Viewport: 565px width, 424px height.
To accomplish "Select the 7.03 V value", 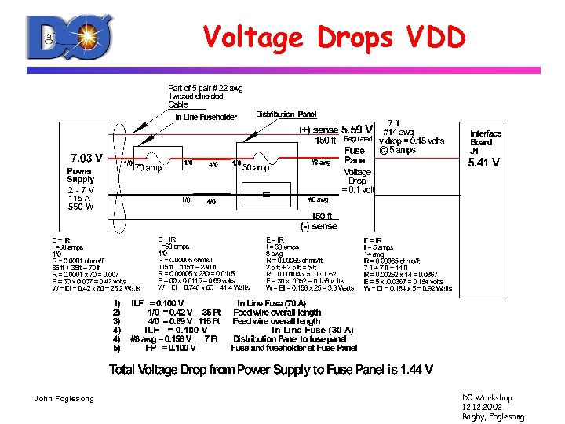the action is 87,157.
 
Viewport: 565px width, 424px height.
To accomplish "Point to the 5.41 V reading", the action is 483,163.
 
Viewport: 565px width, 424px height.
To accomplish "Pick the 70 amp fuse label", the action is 148,167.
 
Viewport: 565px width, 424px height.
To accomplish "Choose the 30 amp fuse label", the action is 257,166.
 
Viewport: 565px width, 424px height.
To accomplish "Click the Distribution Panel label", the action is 286,115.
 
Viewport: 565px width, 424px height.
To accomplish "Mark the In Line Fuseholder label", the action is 207,118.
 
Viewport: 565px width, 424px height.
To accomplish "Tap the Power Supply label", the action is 80,175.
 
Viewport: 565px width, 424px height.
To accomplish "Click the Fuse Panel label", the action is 355,155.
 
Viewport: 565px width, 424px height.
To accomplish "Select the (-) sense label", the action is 319,226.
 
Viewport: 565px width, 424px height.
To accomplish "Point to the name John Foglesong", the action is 64,399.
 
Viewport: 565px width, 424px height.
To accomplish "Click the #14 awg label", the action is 398,132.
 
